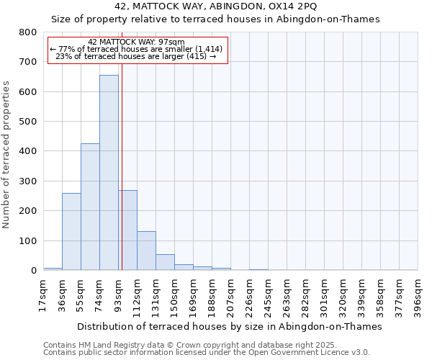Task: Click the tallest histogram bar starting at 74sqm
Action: click(x=109, y=173)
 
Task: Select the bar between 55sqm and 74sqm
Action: click(x=90, y=207)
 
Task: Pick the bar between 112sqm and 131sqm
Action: click(x=146, y=251)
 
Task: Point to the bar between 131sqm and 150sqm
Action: click(x=165, y=262)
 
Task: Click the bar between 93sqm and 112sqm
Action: click(x=128, y=230)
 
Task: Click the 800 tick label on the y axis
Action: click(x=27, y=32)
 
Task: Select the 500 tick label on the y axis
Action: click(x=27, y=122)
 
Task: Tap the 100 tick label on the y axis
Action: click(x=27, y=241)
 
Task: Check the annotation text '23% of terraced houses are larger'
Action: click(x=135, y=56)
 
